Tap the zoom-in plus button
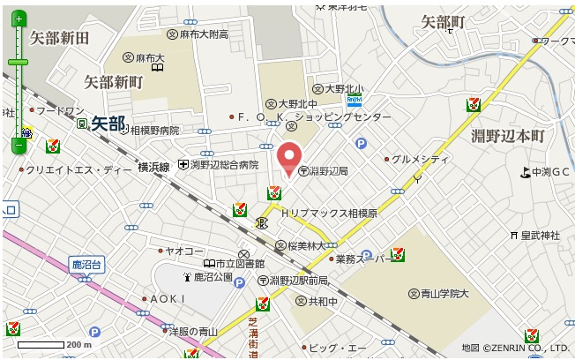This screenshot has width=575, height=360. (x=19, y=19)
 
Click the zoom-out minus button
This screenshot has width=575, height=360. (x=19, y=144)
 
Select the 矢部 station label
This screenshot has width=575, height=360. (x=108, y=124)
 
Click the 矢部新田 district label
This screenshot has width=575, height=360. (x=60, y=38)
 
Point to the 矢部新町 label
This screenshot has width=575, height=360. (x=113, y=82)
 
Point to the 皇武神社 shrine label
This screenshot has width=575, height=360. (x=540, y=235)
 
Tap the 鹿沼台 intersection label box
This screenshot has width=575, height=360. (x=87, y=264)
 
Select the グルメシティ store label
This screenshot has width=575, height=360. (x=420, y=159)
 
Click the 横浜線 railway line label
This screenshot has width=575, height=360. (x=153, y=166)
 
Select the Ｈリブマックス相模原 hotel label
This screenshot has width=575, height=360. (x=329, y=214)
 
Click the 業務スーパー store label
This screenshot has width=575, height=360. (x=361, y=259)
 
